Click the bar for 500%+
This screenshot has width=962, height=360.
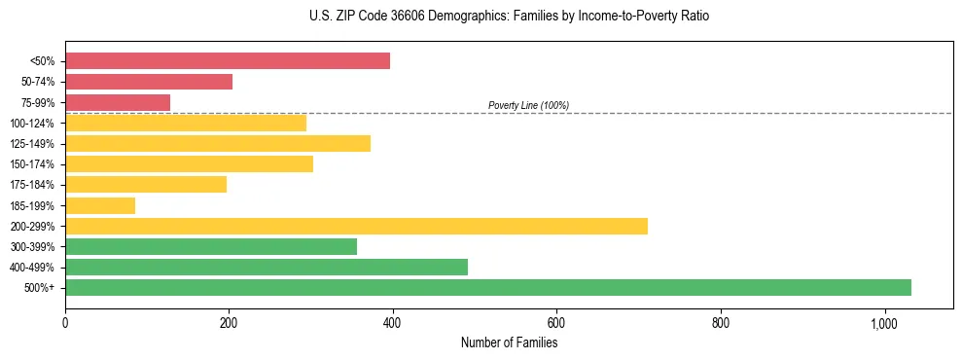pyautogui.click(x=487, y=287)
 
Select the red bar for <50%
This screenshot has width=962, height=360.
pyautogui.click(x=227, y=61)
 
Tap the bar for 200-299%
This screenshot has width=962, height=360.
pyautogui.click(x=356, y=226)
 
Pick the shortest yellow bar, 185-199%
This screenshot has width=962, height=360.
pyautogui.click(x=100, y=205)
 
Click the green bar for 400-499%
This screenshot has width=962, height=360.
pyautogui.click(x=266, y=267)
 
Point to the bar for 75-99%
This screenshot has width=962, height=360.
pyautogui.click(x=118, y=102)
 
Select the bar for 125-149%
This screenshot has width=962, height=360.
pyautogui.click(x=218, y=144)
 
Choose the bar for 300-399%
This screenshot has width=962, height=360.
pyautogui.click(x=211, y=246)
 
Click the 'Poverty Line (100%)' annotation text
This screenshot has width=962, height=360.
pyautogui.click(x=528, y=105)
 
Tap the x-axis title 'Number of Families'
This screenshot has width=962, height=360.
pyautogui.click(x=509, y=342)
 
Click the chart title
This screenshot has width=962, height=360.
pyautogui.click(x=509, y=17)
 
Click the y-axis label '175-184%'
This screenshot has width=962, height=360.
pyautogui.click(x=34, y=185)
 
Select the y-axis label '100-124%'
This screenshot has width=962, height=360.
pyautogui.click(x=34, y=124)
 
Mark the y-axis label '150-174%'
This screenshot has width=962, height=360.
pyautogui.click(x=34, y=164)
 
